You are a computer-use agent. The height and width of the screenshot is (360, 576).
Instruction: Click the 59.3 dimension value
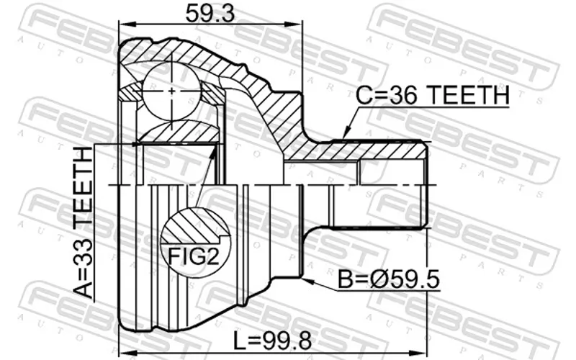pyautogui.click(x=210, y=14)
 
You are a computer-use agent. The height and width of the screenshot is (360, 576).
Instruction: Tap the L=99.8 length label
pyautogui.click(x=273, y=341)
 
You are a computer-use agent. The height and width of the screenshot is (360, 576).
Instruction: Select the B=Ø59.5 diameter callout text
pyautogui.click(x=388, y=279)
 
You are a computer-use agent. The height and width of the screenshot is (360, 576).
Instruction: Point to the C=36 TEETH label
pyautogui.click(x=433, y=95)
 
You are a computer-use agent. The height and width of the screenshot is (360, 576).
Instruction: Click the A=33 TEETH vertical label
pyautogui.click(x=83, y=222)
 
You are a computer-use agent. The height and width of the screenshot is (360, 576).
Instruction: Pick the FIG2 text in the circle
pyautogui.click(x=194, y=256)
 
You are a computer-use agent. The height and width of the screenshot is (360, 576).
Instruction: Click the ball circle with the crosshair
pyautogui.click(x=171, y=91)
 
